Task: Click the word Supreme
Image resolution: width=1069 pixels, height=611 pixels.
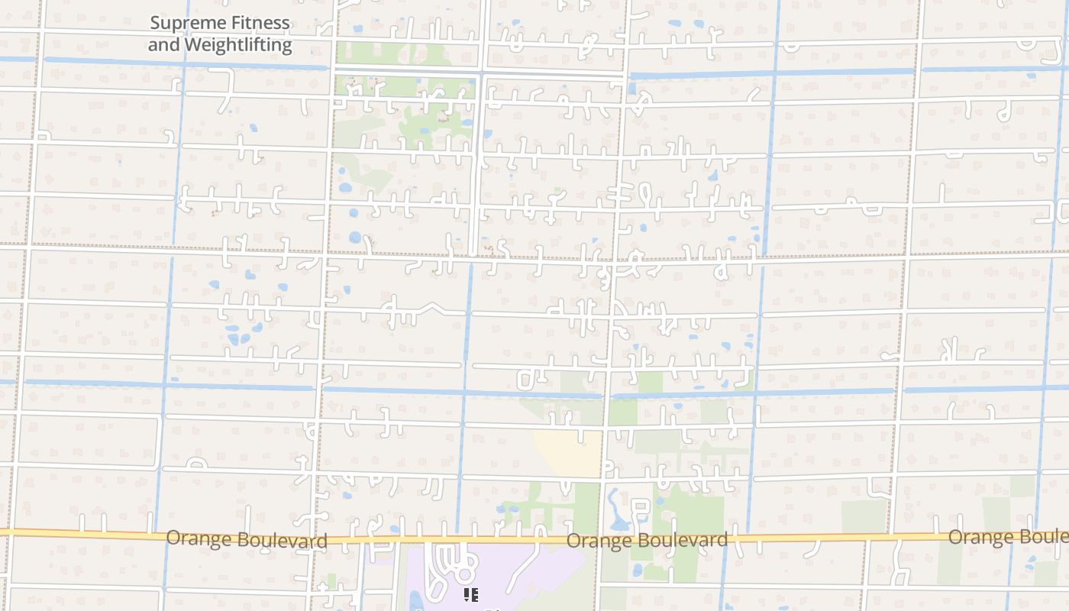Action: click(x=181, y=23)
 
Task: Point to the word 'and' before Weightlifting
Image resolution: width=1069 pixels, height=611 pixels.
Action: click(x=164, y=45)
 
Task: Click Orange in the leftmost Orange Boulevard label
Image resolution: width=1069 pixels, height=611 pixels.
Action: click(x=199, y=538)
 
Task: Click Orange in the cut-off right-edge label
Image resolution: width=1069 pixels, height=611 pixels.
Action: click(x=980, y=537)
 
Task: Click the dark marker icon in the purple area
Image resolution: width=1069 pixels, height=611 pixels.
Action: click(x=470, y=594)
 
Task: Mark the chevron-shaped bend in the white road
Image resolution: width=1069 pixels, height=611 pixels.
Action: click(x=432, y=307)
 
